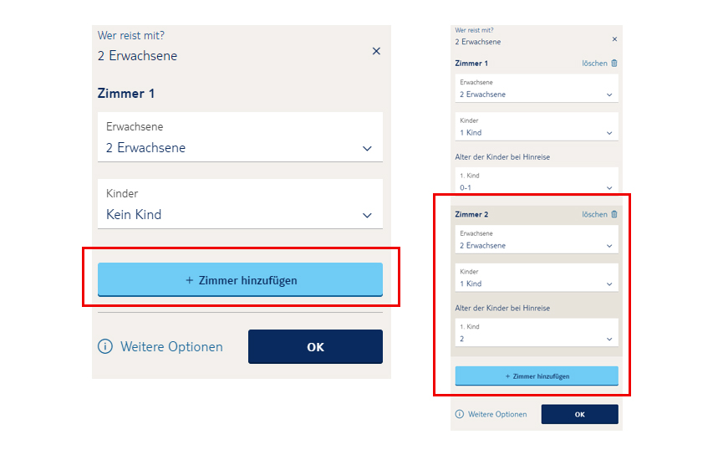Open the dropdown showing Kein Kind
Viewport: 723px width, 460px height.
click(x=240, y=204)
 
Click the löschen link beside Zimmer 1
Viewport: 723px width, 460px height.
click(x=594, y=64)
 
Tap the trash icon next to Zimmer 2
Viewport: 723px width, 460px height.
click(x=614, y=214)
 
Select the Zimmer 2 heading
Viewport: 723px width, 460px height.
click(x=471, y=215)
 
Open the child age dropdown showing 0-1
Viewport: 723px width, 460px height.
click(x=537, y=181)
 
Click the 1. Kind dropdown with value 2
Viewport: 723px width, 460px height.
click(x=537, y=332)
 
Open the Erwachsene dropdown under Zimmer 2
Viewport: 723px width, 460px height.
click(x=537, y=239)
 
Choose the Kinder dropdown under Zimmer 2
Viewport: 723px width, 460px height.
click(x=537, y=278)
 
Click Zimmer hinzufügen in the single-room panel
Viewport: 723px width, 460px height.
click(x=240, y=279)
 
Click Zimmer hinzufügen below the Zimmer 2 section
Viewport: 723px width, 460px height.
click(x=537, y=376)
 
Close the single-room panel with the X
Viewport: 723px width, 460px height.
click(x=376, y=51)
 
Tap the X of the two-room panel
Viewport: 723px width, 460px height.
click(x=614, y=39)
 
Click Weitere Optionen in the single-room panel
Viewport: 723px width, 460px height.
click(x=171, y=346)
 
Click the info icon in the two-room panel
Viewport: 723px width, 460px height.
click(x=460, y=414)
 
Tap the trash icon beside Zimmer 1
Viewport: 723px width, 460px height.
click(x=614, y=64)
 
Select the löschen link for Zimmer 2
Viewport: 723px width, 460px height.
click(x=594, y=215)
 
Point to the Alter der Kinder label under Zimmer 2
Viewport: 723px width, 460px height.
click(x=502, y=309)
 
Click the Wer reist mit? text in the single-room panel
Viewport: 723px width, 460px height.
click(x=131, y=35)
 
